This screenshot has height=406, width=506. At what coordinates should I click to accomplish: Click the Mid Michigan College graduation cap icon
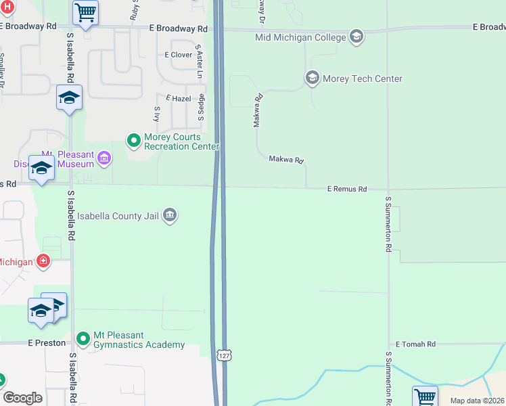coord(356,37)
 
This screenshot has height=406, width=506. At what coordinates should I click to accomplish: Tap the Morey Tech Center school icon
coord(312,78)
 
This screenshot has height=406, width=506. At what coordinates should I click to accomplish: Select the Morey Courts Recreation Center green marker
coord(134,141)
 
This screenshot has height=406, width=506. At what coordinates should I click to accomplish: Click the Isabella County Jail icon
coord(170,216)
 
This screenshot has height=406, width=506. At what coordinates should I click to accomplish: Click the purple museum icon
coord(103,159)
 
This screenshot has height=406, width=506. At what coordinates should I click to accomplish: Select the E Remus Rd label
coord(346,189)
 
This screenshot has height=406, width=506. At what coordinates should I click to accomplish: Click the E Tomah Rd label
coord(415,344)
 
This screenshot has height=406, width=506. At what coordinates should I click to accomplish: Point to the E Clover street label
coord(179,55)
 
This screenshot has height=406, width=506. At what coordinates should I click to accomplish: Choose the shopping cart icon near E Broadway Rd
coord(86,13)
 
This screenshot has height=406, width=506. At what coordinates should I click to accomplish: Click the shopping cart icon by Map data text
coord(425,396)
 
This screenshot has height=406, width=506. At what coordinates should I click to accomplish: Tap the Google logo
coord(23,398)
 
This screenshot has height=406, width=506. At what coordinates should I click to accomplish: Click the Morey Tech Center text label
coord(363,78)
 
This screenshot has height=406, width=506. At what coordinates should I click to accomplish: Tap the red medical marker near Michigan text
coord(43,261)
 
